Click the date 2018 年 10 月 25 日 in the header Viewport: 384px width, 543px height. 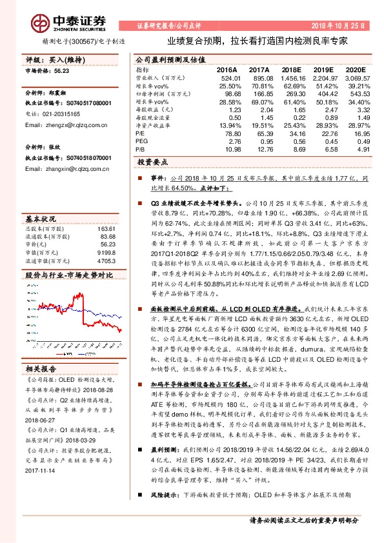(339, 26)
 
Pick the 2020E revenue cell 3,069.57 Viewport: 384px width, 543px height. (356, 77)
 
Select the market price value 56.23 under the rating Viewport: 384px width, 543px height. (63, 73)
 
